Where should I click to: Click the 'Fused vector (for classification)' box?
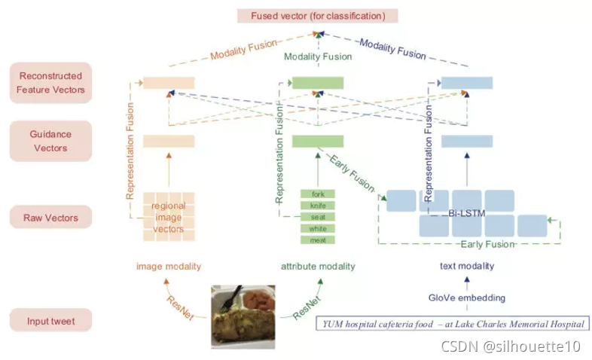317,16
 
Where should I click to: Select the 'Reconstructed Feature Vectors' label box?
50,82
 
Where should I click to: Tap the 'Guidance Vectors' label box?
50,141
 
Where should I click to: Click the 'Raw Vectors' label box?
50,218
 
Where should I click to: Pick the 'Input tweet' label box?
50,320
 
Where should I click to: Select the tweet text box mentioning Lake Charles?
452,324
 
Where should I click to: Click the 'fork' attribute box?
318,194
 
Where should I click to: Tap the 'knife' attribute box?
318,206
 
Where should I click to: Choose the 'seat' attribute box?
318,217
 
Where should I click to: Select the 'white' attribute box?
318,228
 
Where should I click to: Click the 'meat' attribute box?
318,239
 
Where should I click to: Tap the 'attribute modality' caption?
318,266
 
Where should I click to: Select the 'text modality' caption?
467,266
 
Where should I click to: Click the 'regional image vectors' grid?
169,217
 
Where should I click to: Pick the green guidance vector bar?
318,141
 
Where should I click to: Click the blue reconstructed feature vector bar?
467,82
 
